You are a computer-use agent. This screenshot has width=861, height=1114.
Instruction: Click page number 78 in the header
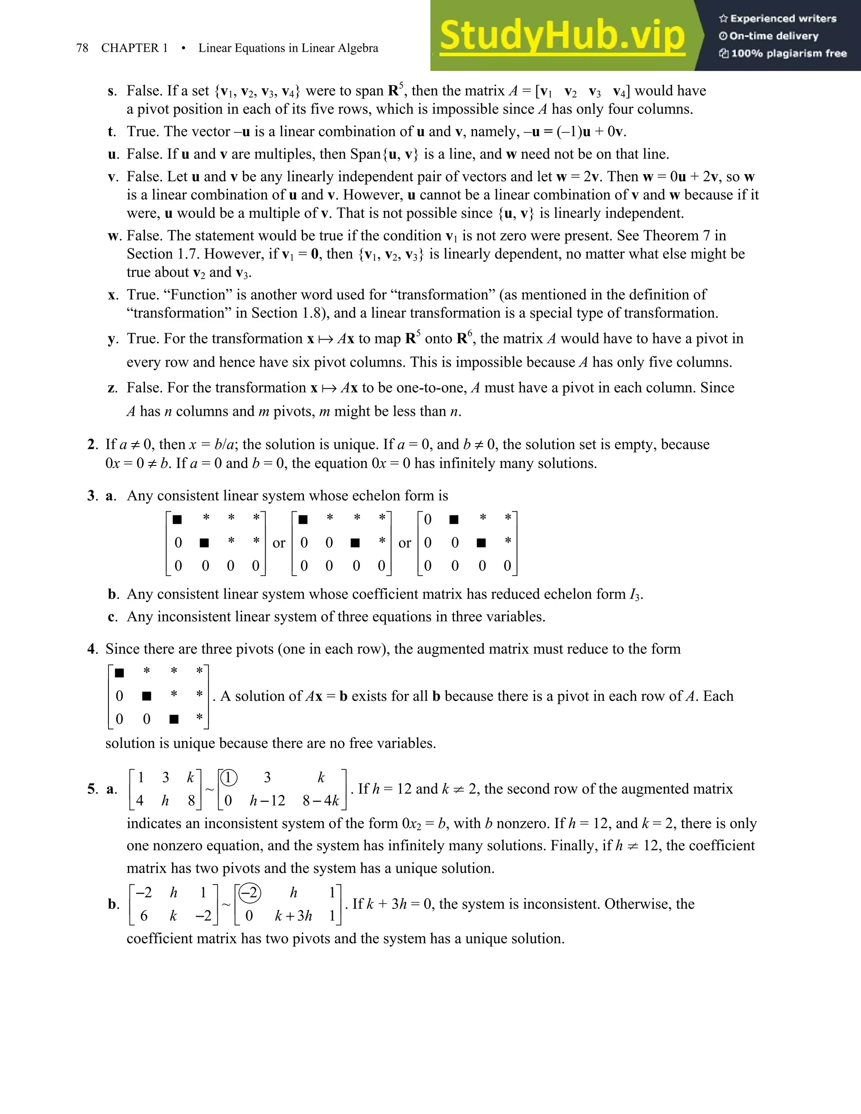[82, 48]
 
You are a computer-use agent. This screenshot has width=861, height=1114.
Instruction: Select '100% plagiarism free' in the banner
[789, 53]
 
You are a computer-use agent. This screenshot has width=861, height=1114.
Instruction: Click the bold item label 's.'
[112, 91]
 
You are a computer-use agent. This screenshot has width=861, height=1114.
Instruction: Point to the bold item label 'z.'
[112, 388]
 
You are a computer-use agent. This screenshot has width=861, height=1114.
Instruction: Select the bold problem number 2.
[92, 444]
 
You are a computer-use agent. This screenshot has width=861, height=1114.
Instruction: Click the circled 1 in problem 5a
[228, 778]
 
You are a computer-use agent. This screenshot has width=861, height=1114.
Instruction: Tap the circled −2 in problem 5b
[248, 892]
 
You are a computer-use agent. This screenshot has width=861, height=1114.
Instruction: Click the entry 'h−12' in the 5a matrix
[267, 801]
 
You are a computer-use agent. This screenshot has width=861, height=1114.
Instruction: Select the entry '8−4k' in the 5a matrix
[321, 801]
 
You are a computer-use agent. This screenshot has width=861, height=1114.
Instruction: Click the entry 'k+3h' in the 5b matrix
[293, 916]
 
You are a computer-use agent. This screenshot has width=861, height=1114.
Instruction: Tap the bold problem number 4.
[92, 649]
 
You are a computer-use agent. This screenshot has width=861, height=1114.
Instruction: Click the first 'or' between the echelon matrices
[278, 543]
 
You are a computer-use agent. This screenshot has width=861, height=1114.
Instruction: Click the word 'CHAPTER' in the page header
[129, 48]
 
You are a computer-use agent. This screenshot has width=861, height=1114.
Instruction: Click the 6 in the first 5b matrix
[144, 916]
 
